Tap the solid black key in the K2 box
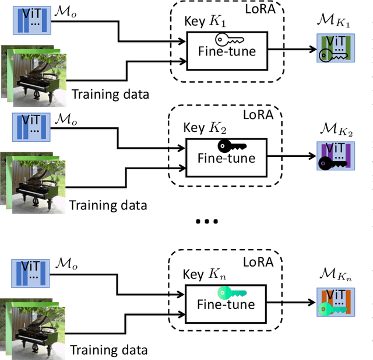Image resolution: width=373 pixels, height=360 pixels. click(231, 146)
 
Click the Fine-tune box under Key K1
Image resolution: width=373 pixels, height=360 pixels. click(226, 51)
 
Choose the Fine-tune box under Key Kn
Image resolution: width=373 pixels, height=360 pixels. click(226, 304)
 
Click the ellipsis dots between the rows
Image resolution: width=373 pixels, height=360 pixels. click(207, 222)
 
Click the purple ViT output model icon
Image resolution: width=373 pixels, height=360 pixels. click(334, 155)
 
